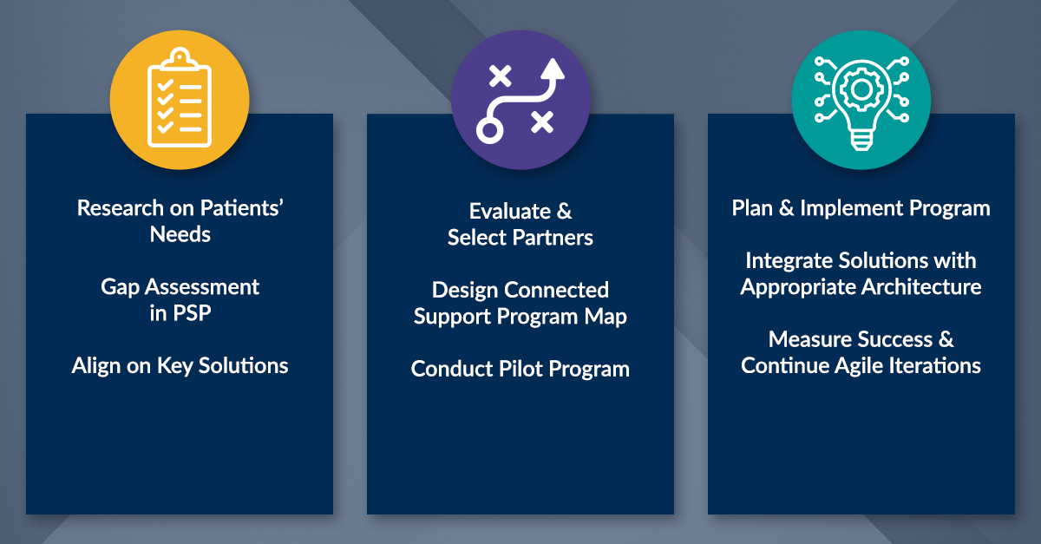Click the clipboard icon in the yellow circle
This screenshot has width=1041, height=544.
click(x=180, y=98)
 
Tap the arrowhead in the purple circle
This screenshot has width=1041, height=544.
click(x=553, y=69)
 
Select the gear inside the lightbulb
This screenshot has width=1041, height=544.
click(x=861, y=89)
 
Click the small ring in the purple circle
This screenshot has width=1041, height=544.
click(x=489, y=130)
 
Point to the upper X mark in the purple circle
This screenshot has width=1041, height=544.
click(x=500, y=75)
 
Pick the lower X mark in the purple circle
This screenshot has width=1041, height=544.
click(x=542, y=121)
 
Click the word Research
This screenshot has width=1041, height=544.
click(x=121, y=208)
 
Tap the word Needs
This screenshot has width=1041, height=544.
click(x=180, y=234)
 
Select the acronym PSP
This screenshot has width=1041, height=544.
click(x=192, y=313)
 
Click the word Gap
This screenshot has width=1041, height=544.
click(x=120, y=288)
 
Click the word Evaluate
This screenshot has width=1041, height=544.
click(x=510, y=211)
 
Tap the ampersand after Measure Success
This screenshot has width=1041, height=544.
click(x=946, y=339)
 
